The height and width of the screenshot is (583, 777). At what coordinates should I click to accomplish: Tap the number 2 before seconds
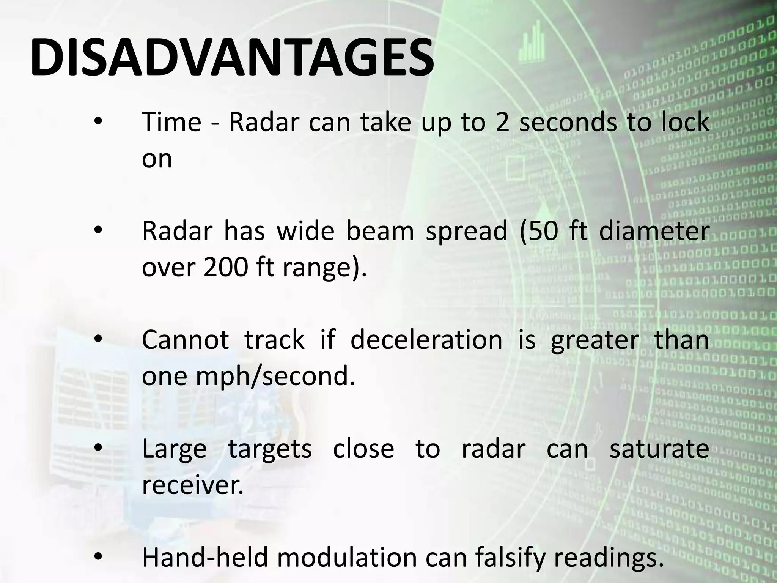(502, 122)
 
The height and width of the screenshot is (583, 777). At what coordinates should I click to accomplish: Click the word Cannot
(185, 340)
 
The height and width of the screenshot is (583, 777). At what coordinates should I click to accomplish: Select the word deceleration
(426, 340)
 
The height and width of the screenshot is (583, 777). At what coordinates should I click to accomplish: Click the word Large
(174, 449)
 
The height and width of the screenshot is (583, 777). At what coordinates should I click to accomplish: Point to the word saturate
(659, 449)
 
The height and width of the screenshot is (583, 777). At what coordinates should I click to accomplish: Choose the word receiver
(192, 485)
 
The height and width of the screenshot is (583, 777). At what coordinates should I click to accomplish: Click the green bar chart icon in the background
(532, 43)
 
